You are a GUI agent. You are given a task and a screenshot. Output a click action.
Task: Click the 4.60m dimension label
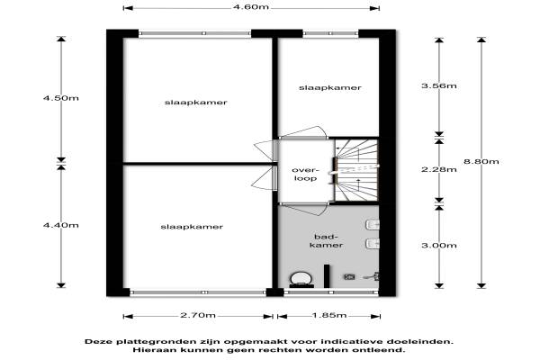(251, 7)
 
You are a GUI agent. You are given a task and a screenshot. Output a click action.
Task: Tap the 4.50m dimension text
(61, 98)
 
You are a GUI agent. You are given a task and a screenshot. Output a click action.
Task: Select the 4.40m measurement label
(61, 225)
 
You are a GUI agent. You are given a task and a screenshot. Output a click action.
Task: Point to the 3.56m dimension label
(439, 85)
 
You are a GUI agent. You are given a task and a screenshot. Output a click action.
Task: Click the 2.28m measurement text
(439, 169)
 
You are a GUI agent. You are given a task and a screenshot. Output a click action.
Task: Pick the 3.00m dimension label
(439, 246)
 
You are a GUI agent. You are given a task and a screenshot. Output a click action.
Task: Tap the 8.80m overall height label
(481, 162)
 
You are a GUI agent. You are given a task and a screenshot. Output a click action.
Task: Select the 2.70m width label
(198, 315)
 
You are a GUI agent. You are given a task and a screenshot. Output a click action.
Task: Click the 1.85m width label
(329, 315)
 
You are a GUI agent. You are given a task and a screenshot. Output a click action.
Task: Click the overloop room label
(305, 175)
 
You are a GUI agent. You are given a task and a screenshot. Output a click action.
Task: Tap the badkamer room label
(326, 241)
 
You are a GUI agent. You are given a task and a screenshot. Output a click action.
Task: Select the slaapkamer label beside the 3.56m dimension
(330, 88)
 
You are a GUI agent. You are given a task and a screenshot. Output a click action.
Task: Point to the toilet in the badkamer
(301, 279)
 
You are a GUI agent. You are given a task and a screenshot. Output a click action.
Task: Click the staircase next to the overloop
(356, 170)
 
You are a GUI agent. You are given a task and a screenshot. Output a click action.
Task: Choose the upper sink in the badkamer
(373, 225)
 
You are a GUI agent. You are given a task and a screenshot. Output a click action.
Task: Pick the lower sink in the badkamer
(373, 244)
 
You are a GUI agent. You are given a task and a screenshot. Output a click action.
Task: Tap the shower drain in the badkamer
(349, 276)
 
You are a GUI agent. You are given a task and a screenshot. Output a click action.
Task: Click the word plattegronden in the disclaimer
(156, 342)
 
